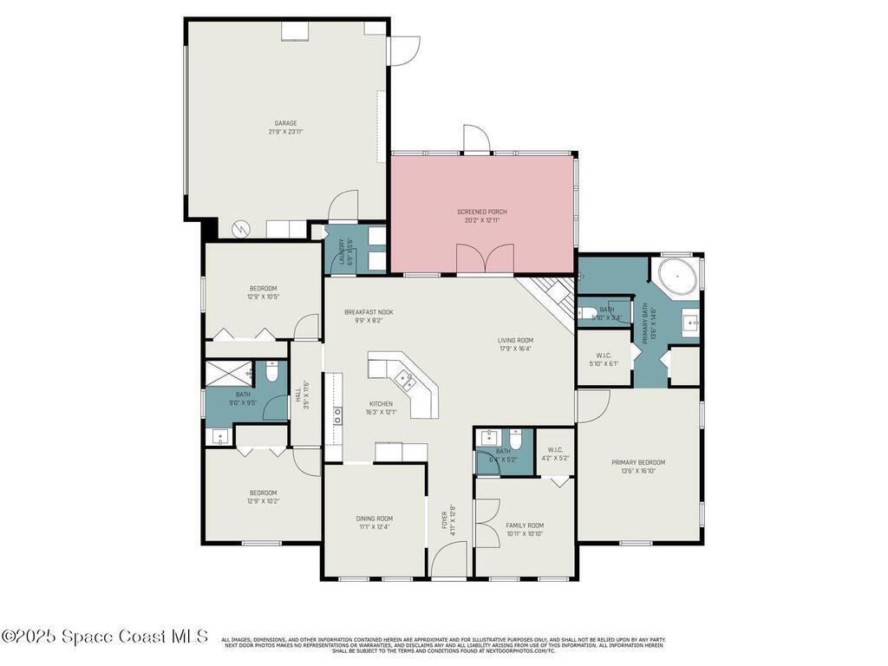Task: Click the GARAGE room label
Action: [x=285, y=123]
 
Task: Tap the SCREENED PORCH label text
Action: [x=482, y=212]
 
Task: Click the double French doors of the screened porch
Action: [x=483, y=258]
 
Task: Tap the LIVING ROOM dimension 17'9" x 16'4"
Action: [x=515, y=349]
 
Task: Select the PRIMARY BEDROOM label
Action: [x=638, y=462]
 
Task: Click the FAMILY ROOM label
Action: [x=525, y=525]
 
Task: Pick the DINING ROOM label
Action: [x=375, y=518]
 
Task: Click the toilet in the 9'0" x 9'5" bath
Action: [x=271, y=374]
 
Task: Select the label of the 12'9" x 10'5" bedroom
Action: [x=263, y=288]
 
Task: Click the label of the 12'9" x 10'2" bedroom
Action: [x=263, y=493]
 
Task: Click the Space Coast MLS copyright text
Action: [x=105, y=637]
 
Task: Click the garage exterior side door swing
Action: [x=403, y=50]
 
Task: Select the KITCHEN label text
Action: [x=380, y=403]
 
